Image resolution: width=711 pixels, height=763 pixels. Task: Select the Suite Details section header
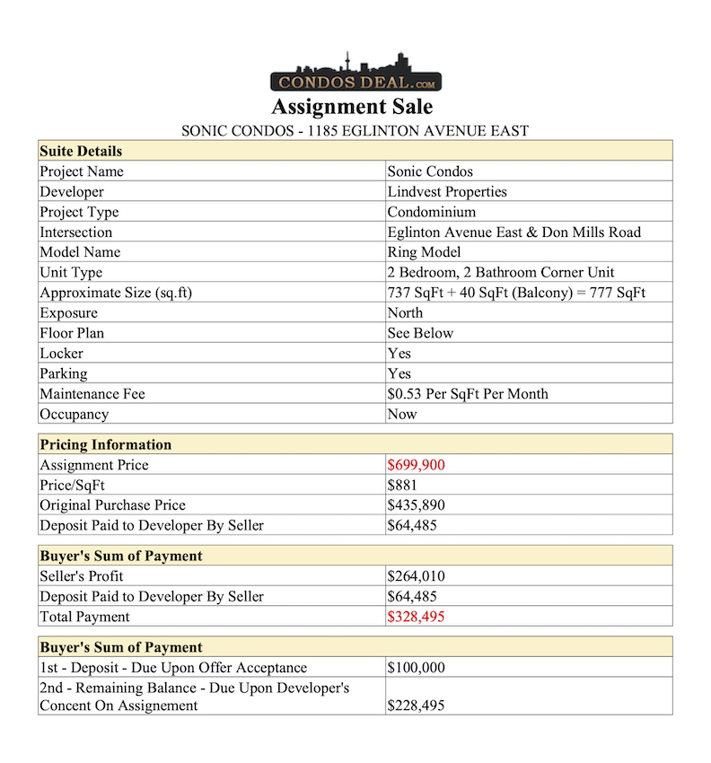coord(81,151)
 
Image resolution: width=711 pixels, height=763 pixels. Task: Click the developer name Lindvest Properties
coord(447,192)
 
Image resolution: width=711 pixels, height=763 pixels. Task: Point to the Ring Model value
coord(424,252)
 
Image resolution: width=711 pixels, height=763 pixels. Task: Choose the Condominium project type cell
coord(431,212)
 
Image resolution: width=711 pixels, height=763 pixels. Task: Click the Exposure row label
coord(68,313)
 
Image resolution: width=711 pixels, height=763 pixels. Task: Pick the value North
coord(405,313)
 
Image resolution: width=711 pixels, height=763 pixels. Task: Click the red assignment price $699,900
coord(416,465)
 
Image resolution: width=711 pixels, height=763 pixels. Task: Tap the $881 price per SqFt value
coord(402,485)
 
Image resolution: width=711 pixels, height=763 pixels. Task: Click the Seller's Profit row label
coord(82,576)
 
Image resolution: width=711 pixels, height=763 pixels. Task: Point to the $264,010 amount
coord(416,576)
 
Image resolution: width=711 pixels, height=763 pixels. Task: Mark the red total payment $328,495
coord(416,617)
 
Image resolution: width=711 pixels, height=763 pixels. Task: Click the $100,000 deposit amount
coord(416,668)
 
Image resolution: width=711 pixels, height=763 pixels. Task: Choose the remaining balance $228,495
coord(416,706)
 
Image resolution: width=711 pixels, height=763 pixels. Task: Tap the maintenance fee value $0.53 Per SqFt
coord(467,394)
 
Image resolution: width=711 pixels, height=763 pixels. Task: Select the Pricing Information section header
coord(105,444)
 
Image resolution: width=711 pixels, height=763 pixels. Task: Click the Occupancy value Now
coord(402,415)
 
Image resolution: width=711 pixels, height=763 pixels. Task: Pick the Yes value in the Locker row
coord(399,354)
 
